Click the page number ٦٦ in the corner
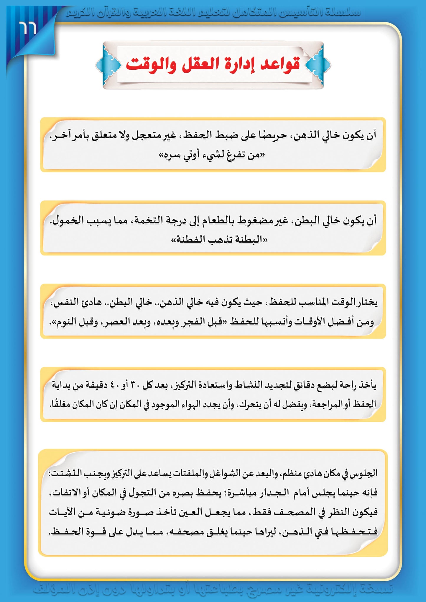tap(28, 28)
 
